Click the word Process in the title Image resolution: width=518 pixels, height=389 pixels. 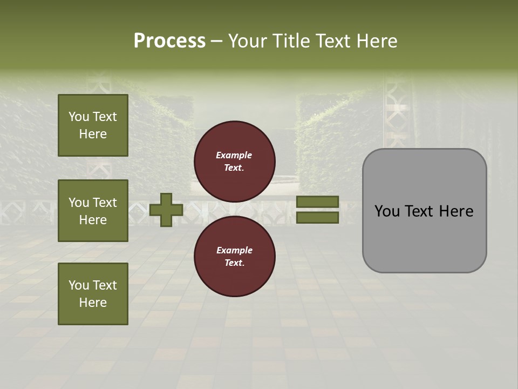(x=169, y=41)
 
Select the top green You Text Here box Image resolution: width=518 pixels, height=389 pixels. (x=93, y=125)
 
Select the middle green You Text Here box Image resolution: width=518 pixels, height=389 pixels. (x=93, y=211)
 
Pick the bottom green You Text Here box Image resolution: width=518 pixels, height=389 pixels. (x=93, y=294)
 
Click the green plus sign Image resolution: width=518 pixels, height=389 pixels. (x=166, y=210)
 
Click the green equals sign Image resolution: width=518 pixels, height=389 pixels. (x=318, y=210)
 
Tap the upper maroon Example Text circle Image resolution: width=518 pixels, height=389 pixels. (x=235, y=161)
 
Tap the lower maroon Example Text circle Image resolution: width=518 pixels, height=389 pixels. (x=235, y=256)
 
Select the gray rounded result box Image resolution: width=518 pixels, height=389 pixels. (x=424, y=211)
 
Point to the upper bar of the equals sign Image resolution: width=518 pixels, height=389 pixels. (x=318, y=202)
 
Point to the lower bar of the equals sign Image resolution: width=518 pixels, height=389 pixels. (x=318, y=217)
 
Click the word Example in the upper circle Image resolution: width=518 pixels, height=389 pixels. (x=234, y=155)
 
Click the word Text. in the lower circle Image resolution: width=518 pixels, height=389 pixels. (x=234, y=263)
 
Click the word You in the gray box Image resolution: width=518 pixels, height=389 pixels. (x=387, y=211)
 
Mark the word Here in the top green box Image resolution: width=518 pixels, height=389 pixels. (x=93, y=134)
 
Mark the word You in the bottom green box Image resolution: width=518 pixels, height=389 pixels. (x=79, y=285)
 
